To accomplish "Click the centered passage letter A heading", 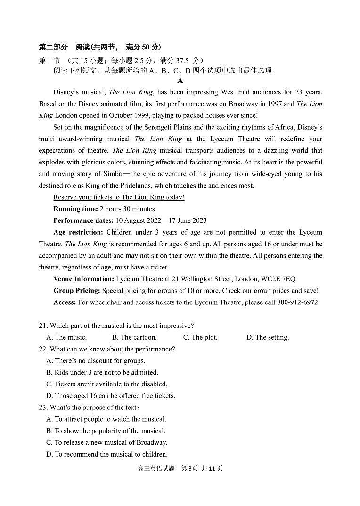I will click(x=180, y=81).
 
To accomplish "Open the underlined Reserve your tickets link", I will click(x=119, y=197).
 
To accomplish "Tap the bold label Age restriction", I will click(x=78, y=232).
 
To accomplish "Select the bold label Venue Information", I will click(x=83, y=279).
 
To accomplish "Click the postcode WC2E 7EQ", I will click(x=278, y=279).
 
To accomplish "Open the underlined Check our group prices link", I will click(x=270, y=291).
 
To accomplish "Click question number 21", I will click(x=43, y=326).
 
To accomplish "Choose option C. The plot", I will click(x=200, y=337).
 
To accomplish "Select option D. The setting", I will click(x=267, y=337).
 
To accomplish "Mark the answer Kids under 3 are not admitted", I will click(x=102, y=372).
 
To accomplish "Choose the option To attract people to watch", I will click(x=106, y=419).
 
